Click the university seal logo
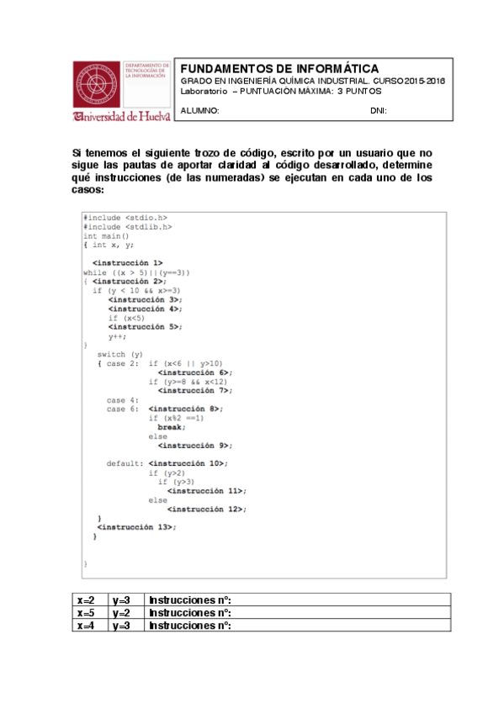(96, 84)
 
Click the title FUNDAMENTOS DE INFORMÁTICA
(280, 68)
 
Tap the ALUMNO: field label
(200, 111)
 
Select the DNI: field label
(379, 111)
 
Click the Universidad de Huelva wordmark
(122, 116)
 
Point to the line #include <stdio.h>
(125, 218)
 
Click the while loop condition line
(137, 272)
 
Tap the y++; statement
(118, 335)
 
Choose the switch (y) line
(120, 354)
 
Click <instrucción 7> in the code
(194, 390)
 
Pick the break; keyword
(172, 427)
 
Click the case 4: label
(122, 399)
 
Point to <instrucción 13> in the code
(136, 526)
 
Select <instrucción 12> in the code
(206, 509)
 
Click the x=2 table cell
(87, 600)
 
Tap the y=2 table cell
(122, 613)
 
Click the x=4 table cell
(87, 626)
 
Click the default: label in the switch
(125, 463)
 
